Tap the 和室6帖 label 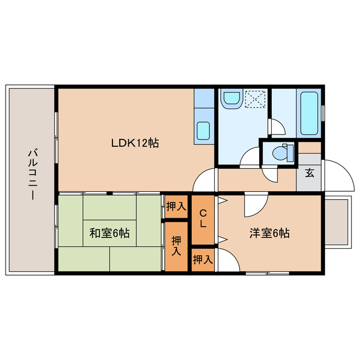[x=109, y=233]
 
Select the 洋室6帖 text [x=269, y=233]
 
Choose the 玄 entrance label [x=309, y=173]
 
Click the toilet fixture [x=281, y=152]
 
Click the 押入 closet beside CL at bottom [x=202, y=260]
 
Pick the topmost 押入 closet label [x=175, y=206]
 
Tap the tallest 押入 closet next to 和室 [x=177, y=246]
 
